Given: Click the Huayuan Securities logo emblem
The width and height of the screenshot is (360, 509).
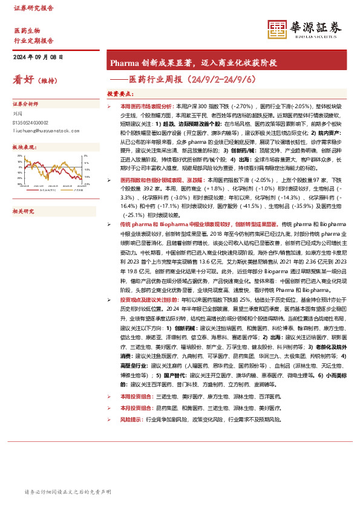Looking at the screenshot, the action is [x=278, y=29].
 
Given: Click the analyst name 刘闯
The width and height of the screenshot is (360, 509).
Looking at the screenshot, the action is [x=16, y=112].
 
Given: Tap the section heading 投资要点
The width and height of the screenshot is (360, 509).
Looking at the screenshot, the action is [x=120, y=94].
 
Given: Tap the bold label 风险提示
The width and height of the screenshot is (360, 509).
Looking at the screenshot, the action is [x=131, y=419].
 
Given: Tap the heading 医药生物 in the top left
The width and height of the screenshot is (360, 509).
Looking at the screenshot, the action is [x=27, y=30].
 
